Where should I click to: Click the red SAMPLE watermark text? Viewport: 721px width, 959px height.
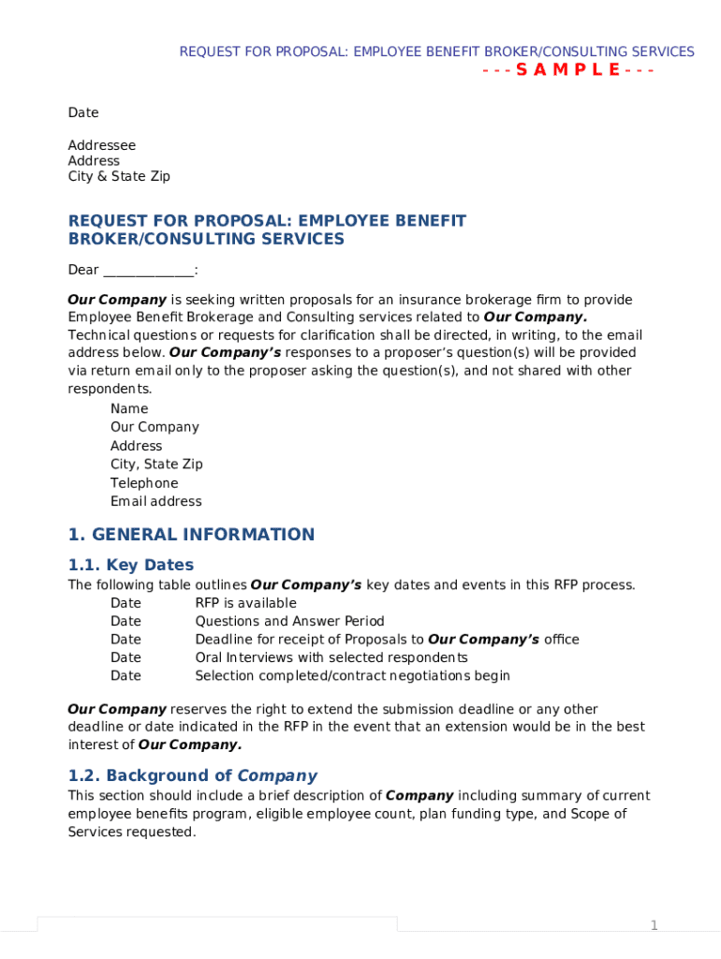pyautogui.click(x=568, y=70)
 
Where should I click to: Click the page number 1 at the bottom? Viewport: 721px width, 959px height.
pyautogui.click(x=655, y=925)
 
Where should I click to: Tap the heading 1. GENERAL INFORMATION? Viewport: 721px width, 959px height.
pyautogui.click(x=191, y=535)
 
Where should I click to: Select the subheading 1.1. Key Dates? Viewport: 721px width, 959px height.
pyautogui.click(x=131, y=565)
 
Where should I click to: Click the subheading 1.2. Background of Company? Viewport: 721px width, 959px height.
pyautogui.click(x=192, y=775)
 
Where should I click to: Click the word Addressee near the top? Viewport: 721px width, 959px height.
pyautogui.click(x=101, y=145)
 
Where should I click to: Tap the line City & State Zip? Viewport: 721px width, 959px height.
pyautogui.click(x=119, y=176)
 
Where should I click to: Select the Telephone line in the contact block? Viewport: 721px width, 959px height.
pyautogui.click(x=143, y=483)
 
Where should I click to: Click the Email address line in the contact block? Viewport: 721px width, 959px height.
pyautogui.click(x=155, y=501)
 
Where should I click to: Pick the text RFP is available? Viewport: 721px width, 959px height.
pyautogui.click(x=245, y=603)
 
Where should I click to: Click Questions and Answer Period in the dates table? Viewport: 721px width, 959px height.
pyautogui.click(x=289, y=621)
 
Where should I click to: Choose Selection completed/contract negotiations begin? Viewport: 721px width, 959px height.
pyautogui.click(x=352, y=675)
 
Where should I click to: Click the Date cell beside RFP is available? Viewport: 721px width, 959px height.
pyautogui.click(x=125, y=603)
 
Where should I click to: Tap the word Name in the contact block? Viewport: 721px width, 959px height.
pyautogui.click(x=129, y=408)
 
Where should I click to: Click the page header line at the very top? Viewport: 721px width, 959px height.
pyautogui.click(x=436, y=52)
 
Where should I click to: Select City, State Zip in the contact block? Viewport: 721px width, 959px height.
pyautogui.click(x=156, y=465)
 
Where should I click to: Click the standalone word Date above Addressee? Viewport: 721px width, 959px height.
pyautogui.click(x=82, y=112)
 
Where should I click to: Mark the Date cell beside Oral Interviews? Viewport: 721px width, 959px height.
pyautogui.click(x=125, y=657)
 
